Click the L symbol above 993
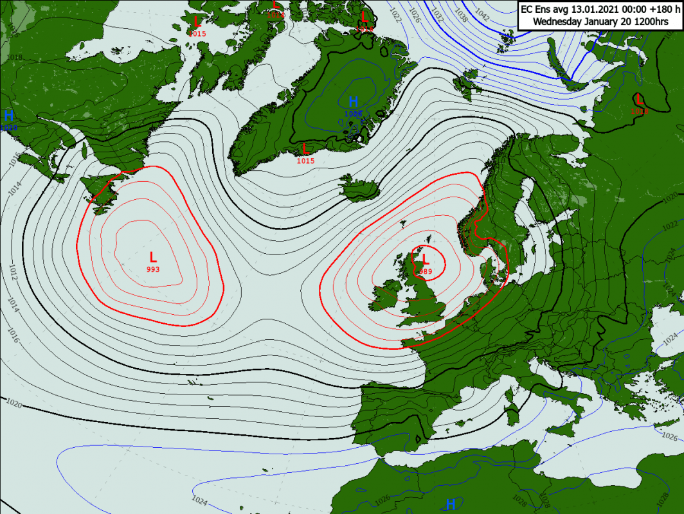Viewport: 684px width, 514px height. pos(153,257)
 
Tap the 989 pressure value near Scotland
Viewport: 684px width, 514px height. pos(425,271)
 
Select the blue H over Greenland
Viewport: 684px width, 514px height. pos(353,102)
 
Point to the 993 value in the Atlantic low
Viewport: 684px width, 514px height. pos(153,269)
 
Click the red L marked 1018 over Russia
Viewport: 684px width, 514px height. pos(639,100)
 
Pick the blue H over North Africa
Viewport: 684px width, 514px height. pos(451,504)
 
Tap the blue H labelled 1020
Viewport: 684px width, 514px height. pos(9,116)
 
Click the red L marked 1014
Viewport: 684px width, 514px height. pos(276,6)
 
